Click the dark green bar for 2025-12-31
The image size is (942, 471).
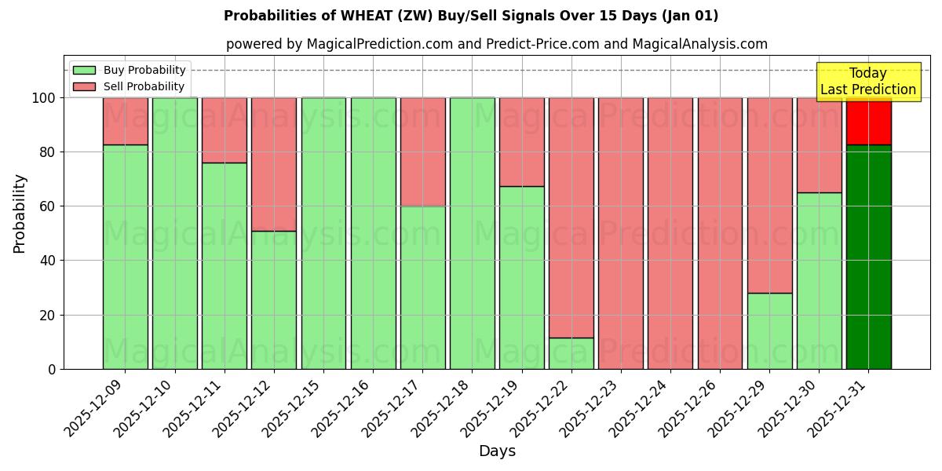pos(868,257)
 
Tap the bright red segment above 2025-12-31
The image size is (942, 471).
pos(868,121)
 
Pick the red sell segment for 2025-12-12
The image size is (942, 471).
pos(274,164)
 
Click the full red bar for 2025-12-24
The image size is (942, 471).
pos(670,233)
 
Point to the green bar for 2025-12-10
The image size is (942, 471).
pos(174,233)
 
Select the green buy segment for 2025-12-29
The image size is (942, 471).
pos(769,330)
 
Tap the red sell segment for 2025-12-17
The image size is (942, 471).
pos(422,152)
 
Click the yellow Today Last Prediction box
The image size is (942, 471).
pos(867,82)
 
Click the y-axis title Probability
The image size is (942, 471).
pos(20,214)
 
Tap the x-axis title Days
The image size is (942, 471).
pos(497,451)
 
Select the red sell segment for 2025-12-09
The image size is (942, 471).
pos(125,121)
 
